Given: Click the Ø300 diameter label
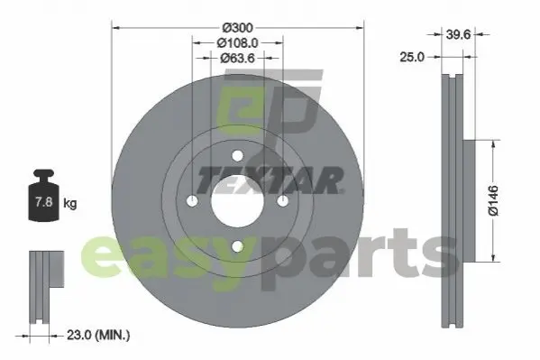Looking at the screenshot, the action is [238, 28].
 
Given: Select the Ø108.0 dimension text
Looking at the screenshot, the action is [238, 43].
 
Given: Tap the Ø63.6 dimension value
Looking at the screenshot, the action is [237, 59].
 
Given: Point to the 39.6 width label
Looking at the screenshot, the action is [458, 34].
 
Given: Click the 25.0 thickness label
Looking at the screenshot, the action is [412, 57].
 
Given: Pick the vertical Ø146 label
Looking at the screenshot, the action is [493, 200].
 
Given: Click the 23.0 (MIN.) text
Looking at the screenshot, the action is [98, 335].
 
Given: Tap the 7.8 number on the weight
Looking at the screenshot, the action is [44, 202].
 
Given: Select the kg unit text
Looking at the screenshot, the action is [70, 203].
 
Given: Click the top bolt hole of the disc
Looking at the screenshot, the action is [237, 156].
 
